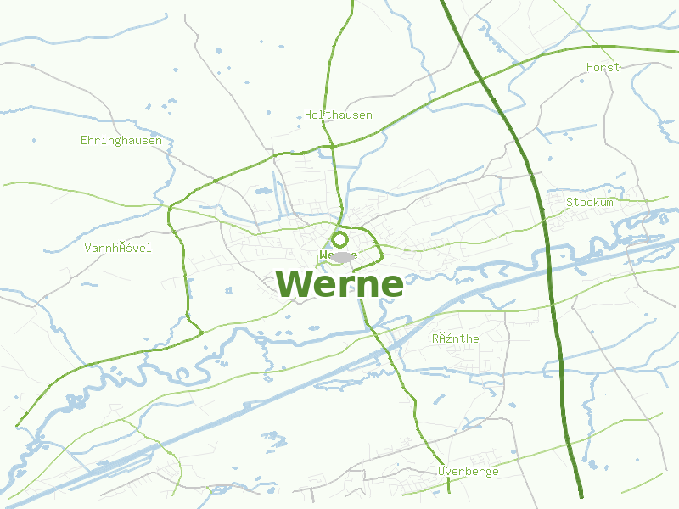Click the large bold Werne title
coord(339,284)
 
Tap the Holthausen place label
coord(339,115)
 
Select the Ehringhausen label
coord(121,140)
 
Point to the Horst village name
coord(603,67)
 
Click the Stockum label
coord(590,202)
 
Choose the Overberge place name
coord(469,471)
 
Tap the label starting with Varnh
coord(118,248)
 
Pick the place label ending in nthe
coord(456,338)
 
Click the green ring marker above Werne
coord(339,239)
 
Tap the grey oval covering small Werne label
coord(341,256)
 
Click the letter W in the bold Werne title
coord(294,284)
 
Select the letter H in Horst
coord(590,67)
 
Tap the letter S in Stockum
coord(570,202)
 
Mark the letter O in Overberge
coord(442,471)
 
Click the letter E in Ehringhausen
coord(84,140)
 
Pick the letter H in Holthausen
coord(308,115)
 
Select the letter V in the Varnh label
coord(88,248)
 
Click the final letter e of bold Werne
coord(390,286)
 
